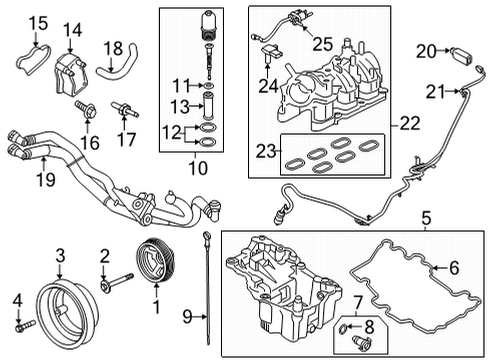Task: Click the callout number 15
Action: point(36,21)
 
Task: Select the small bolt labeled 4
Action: point(19,324)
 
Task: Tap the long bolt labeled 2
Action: point(121,289)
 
